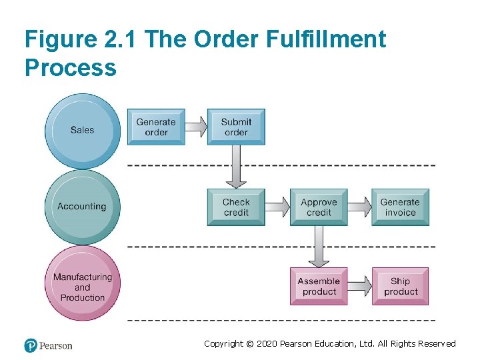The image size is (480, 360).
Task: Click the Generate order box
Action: point(156,127)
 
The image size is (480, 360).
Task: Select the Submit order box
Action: point(236,127)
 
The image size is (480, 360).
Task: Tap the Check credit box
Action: point(236,207)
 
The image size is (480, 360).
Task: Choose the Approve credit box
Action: point(319,207)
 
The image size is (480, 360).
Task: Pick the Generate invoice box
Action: point(400,207)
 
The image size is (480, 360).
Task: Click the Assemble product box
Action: point(319,286)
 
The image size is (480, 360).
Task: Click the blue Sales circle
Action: point(83,130)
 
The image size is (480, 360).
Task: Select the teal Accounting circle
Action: point(82,207)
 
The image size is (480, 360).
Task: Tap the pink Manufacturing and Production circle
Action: point(83,287)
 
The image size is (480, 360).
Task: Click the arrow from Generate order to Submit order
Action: point(195,126)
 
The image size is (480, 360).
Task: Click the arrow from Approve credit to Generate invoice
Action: point(359,207)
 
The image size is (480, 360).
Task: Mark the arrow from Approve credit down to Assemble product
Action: point(319,246)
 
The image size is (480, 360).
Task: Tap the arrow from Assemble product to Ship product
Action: point(359,286)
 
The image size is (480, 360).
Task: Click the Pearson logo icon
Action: point(31,345)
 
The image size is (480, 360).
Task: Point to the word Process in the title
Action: point(71,67)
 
